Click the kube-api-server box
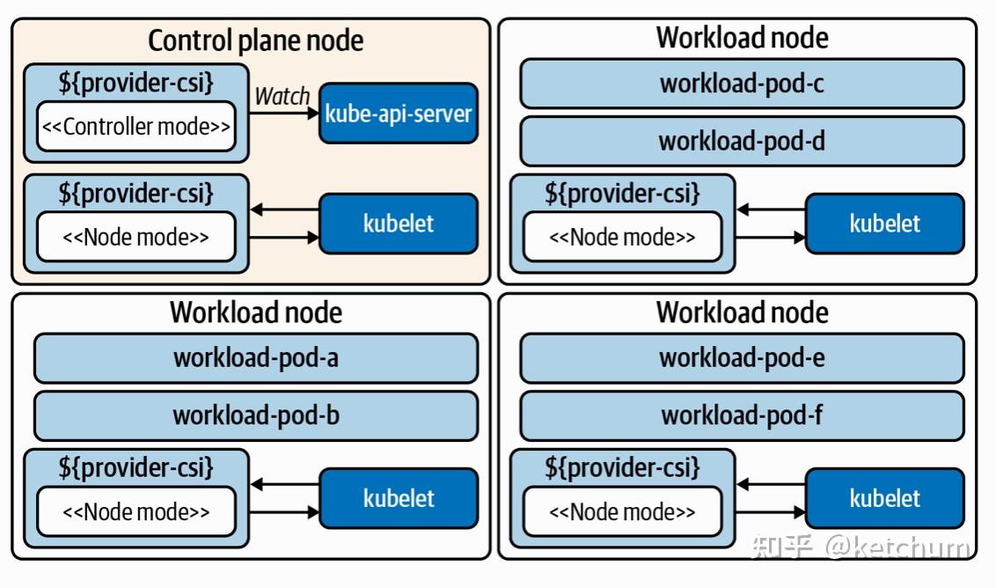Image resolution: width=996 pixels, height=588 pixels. click(x=398, y=114)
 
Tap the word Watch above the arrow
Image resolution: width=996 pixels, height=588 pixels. click(x=282, y=96)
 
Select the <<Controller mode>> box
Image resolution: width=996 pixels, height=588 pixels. click(x=136, y=127)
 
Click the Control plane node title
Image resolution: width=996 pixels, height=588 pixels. click(x=255, y=40)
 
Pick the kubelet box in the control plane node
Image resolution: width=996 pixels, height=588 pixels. click(x=398, y=224)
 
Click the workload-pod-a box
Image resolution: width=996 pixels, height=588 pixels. click(x=256, y=358)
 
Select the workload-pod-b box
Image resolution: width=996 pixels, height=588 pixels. click(x=256, y=415)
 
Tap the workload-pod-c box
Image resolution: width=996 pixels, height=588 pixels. click(x=742, y=84)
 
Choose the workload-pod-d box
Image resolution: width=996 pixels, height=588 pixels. click(x=742, y=141)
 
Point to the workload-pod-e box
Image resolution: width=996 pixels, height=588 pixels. click(x=742, y=358)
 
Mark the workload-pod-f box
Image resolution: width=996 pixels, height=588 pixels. click(x=742, y=415)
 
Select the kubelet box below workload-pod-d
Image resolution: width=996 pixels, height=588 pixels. click(x=885, y=224)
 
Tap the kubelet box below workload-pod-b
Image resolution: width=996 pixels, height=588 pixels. click(x=398, y=498)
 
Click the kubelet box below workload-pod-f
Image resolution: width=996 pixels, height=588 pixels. click(x=885, y=498)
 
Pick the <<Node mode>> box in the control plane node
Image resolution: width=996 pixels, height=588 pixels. click(x=136, y=237)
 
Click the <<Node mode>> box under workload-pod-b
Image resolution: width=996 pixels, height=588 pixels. click(x=136, y=511)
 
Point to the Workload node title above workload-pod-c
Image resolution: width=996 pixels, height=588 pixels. click(x=742, y=38)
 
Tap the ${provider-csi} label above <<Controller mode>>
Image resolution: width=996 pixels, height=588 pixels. click(x=136, y=83)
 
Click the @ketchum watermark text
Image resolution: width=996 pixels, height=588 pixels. click(x=897, y=548)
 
